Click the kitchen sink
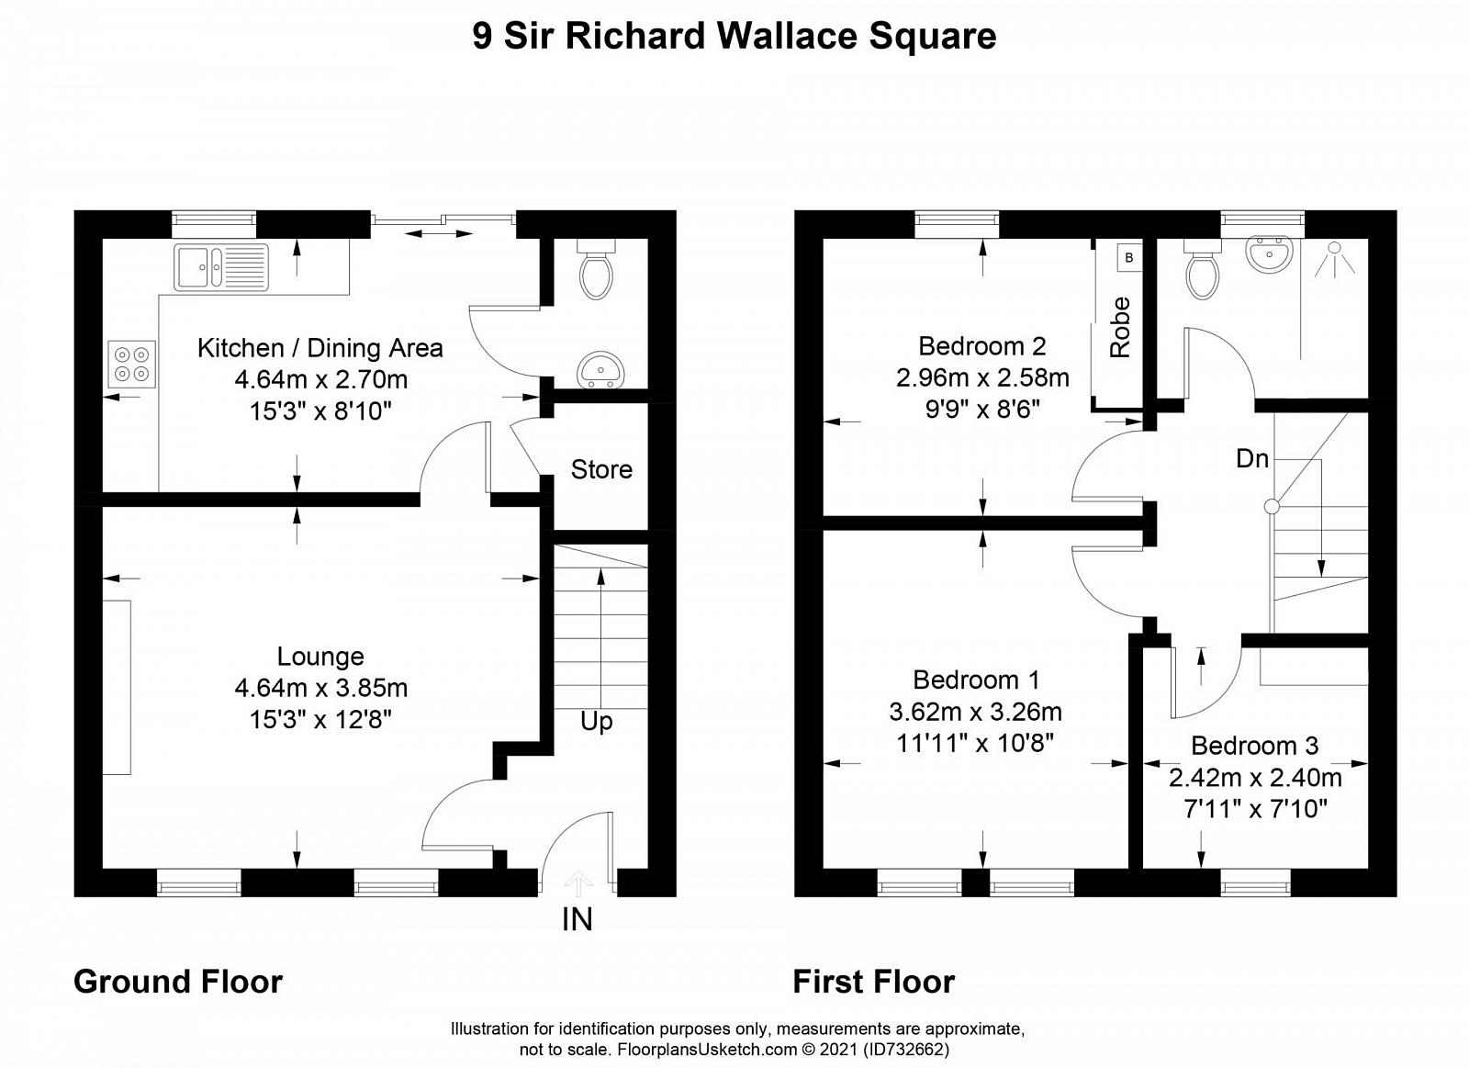click(221, 267)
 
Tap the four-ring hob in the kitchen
click(132, 365)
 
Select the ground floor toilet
click(596, 270)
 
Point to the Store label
click(601, 469)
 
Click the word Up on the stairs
click(596, 723)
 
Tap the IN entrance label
click(578, 920)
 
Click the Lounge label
click(320, 656)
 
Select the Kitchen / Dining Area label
click(320, 348)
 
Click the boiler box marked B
click(1128, 258)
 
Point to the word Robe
click(1120, 327)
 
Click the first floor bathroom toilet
click(1203, 270)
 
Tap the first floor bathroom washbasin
click(1269, 253)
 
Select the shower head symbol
click(1334, 258)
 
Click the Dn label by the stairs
click(1252, 458)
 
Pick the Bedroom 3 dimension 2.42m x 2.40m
click(1255, 778)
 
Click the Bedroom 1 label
click(976, 680)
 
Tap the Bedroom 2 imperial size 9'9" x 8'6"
click(982, 410)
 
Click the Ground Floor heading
click(178, 982)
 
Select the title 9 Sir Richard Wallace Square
click(734, 36)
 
